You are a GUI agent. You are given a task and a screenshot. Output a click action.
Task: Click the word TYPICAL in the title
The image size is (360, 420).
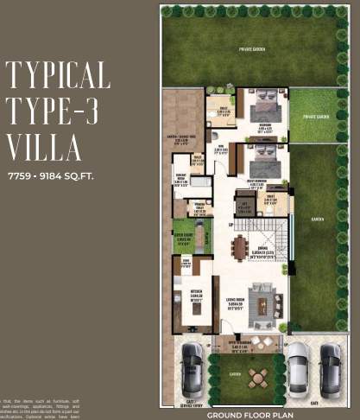59,76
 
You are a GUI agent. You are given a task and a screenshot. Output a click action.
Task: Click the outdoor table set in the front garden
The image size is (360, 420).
256,378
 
